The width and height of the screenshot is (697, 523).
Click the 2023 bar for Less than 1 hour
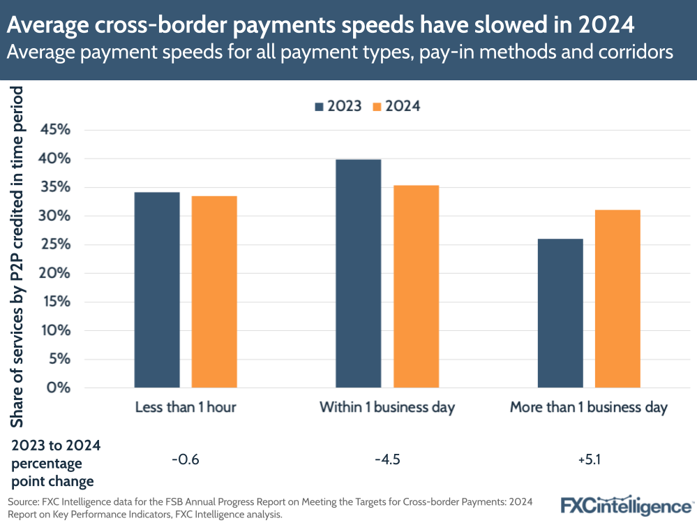(x=157, y=290)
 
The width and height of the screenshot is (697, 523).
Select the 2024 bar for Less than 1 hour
(x=214, y=292)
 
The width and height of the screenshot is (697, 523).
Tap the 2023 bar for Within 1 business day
(x=359, y=273)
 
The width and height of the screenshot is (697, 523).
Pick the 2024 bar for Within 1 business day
(x=416, y=286)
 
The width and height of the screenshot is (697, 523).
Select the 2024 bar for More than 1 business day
(x=617, y=299)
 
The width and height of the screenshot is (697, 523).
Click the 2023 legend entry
(x=338, y=106)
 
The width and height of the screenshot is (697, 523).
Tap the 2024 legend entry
(x=396, y=106)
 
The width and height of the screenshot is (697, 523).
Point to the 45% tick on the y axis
(x=56, y=130)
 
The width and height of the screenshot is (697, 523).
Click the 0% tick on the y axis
(x=61, y=388)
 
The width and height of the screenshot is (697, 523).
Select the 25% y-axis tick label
(x=56, y=244)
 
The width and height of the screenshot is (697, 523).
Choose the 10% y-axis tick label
(x=56, y=330)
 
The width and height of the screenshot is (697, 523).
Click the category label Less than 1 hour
(x=186, y=408)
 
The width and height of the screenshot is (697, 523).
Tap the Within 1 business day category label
(x=387, y=408)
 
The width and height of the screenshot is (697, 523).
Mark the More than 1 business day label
(x=589, y=408)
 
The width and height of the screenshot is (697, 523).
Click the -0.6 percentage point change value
(x=186, y=459)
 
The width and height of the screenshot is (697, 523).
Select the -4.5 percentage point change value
(x=387, y=459)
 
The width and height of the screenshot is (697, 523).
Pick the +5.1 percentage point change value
(x=589, y=459)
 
